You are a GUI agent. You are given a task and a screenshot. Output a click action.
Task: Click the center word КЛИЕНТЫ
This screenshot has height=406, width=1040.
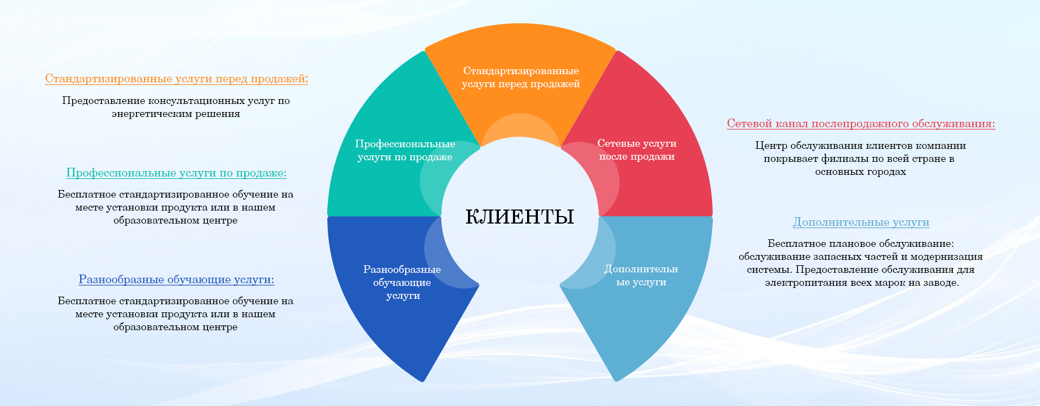pyautogui.click(x=519, y=217)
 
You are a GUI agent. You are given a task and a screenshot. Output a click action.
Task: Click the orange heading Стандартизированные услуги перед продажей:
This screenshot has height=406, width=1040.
pyautogui.click(x=177, y=79)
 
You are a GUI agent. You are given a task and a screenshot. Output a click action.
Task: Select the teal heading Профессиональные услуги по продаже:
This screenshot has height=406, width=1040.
pyautogui.click(x=177, y=173)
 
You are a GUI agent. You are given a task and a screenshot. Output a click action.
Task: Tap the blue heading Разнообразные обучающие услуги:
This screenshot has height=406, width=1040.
pyautogui.click(x=177, y=280)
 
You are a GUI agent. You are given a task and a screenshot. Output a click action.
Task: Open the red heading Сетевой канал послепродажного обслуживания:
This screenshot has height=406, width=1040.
pyautogui.click(x=861, y=124)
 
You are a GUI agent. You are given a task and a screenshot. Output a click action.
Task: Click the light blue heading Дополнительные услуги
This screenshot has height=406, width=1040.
pyautogui.click(x=861, y=222)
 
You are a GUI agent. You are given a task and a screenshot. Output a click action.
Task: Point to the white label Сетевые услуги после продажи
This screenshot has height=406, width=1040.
pyautogui.click(x=637, y=150)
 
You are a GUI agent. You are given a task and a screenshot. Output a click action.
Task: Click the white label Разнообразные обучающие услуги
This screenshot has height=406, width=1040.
pyautogui.click(x=402, y=283)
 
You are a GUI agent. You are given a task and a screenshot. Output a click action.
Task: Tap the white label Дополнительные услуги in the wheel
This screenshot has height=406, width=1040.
pyautogui.click(x=641, y=276)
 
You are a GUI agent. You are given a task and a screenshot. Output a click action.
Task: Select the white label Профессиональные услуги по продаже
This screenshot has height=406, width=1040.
pyautogui.click(x=405, y=150)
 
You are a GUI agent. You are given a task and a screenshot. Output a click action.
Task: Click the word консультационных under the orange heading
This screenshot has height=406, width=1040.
pyautogui.click(x=196, y=101)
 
